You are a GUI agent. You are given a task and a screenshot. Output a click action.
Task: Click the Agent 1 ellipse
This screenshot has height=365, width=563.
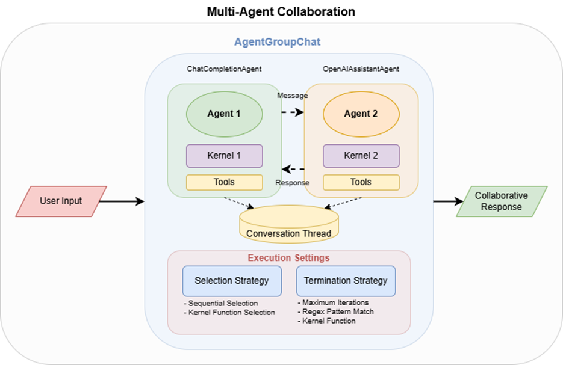tap(225, 114)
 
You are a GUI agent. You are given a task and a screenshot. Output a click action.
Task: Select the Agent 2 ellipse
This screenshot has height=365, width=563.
tap(361, 114)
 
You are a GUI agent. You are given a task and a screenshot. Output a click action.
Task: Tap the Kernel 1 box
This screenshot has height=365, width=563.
tap(225, 156)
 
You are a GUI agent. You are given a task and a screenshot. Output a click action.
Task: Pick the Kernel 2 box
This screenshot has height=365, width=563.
tap(361, 156)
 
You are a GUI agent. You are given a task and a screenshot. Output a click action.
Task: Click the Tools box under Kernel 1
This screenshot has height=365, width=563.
tap(225, 183)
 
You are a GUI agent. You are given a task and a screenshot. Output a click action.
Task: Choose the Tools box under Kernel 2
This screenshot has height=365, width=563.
tap(361, 183)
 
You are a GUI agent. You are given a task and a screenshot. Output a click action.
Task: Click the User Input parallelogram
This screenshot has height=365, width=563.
tap(61, 201)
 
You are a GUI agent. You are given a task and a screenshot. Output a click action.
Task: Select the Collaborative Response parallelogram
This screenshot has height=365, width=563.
tap(502, 201)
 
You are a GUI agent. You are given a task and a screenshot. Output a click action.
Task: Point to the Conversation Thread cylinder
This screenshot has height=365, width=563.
tap(289, 224)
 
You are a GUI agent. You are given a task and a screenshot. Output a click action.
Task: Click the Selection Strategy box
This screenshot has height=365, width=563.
tap(232, 281)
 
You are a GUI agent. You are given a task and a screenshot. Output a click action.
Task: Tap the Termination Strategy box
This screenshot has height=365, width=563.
tap(346, 281)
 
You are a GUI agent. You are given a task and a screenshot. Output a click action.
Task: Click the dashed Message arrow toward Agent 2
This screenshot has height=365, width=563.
tap(293, 112)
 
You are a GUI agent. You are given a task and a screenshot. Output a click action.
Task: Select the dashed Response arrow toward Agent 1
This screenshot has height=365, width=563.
tap(293, 169)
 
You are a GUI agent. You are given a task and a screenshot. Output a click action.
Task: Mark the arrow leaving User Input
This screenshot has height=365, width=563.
tap(122, 201)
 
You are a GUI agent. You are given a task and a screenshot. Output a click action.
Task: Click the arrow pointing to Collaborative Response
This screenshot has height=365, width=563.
tap(449, 201)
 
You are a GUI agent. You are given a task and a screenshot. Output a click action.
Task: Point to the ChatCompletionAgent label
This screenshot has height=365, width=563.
tap(224, 69)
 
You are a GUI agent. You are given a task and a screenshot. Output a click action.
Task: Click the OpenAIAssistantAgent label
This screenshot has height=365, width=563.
tap(361, 69)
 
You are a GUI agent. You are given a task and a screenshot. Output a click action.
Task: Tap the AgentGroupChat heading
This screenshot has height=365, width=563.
tap(278, 42)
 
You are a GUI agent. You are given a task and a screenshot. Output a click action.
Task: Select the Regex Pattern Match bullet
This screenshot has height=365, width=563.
tap(336, 312)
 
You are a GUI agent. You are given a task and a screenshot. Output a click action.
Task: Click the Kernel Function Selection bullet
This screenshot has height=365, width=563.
tap(229, 313)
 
